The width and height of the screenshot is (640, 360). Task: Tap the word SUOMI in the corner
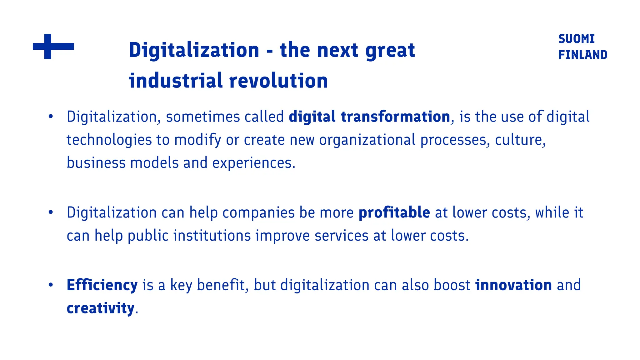click(576, 39)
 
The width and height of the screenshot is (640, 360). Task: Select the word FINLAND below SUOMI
click(582, 55)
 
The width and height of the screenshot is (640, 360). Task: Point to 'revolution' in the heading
click(278, 81)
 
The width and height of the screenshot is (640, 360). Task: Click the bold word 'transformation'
click(395, 117)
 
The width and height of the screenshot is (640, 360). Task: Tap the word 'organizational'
click(367, 140)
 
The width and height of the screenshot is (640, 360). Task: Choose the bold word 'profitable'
click(394, 212)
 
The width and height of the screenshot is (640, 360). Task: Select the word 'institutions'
click(212, 236)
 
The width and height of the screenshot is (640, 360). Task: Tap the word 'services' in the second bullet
click(341, 236)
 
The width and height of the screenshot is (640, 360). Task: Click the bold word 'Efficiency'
click(102, 285)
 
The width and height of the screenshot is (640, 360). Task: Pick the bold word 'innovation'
click(513, 285)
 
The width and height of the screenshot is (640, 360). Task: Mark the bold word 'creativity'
click(100, 308)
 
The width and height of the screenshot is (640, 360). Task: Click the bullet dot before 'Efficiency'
click(51, 285)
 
